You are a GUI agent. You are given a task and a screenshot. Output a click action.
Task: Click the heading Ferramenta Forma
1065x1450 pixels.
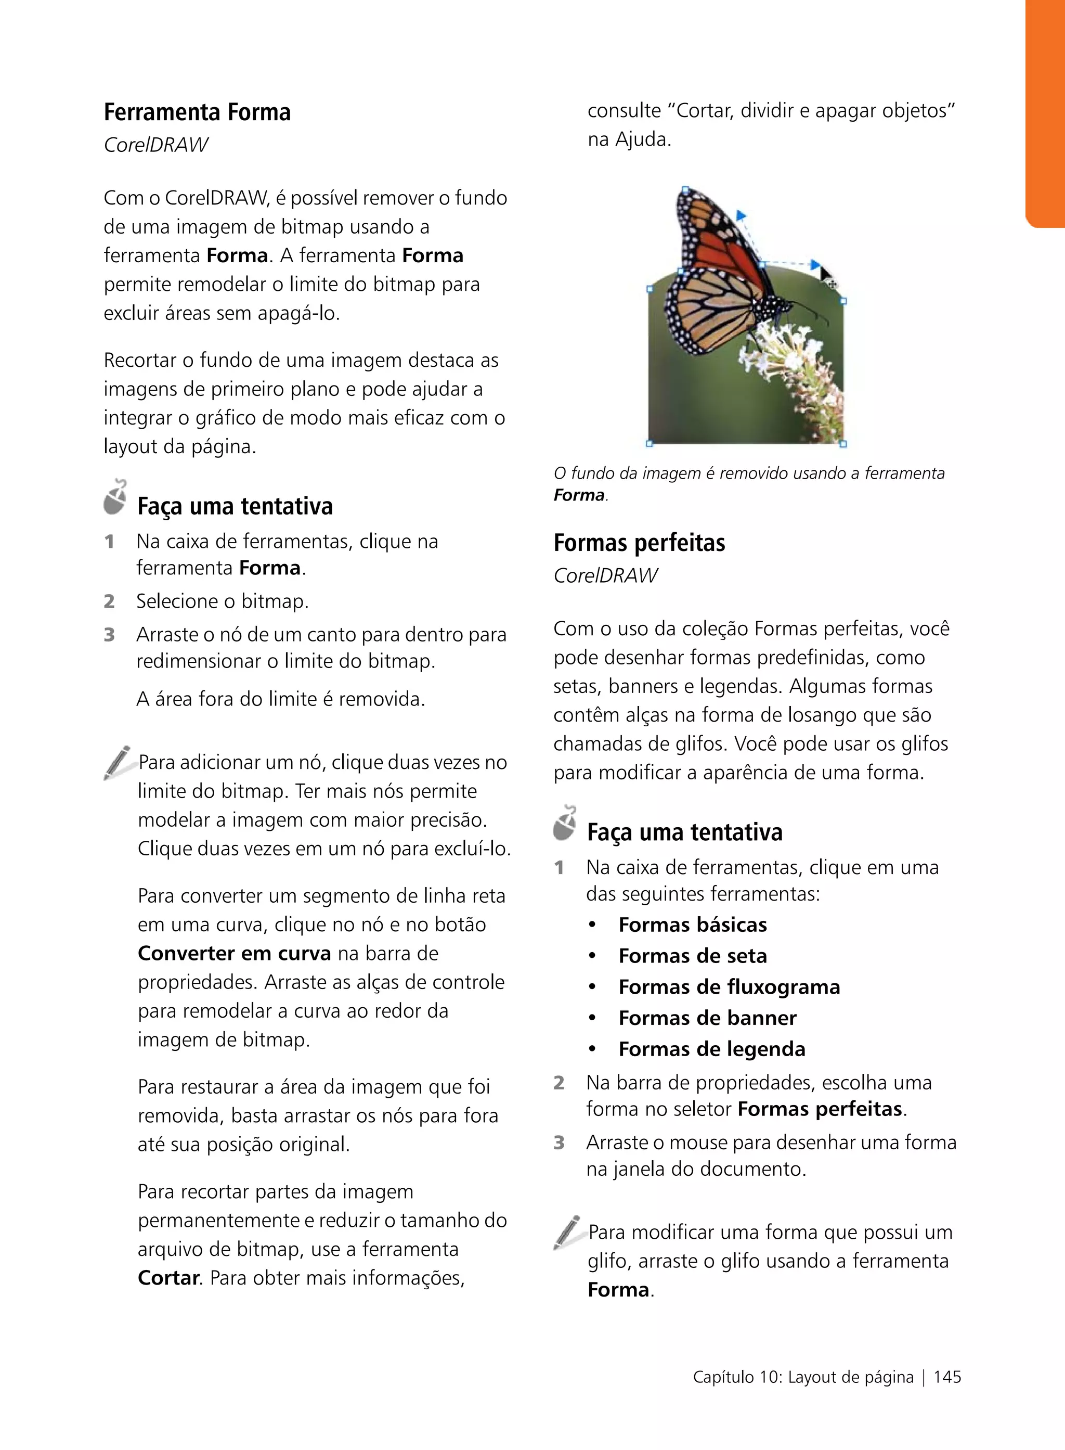point(197,112)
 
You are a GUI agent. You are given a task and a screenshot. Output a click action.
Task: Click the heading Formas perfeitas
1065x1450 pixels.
point(639,543)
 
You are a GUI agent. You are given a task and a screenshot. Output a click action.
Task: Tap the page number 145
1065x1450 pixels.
point(947,1377)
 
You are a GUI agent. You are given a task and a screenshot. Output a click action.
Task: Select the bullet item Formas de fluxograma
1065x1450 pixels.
point(729,986)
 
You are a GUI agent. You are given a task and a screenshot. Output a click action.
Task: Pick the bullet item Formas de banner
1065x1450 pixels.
point(707,1017)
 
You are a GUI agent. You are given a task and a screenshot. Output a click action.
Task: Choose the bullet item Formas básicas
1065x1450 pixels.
point(692,925)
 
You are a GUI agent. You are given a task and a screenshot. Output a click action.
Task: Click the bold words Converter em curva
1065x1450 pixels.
point(234,953)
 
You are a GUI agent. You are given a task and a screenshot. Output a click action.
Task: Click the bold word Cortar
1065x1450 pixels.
point(169,1277)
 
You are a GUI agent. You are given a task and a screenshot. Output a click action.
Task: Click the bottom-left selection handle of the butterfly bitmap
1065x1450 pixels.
point(649,443)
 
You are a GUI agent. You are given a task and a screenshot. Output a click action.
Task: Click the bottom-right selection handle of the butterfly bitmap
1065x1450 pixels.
point(843,444)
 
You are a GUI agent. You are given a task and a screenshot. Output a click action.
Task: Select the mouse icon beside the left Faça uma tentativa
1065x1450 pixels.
point(115,497)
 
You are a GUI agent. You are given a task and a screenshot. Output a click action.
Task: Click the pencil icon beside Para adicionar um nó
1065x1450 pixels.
point(118,762)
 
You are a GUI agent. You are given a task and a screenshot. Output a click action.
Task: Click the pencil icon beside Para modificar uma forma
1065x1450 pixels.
point(567,1233)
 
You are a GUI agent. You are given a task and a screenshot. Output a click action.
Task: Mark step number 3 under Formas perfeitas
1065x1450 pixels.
point(559,1143)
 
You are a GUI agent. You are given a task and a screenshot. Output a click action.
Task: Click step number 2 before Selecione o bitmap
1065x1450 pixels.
point(109,601)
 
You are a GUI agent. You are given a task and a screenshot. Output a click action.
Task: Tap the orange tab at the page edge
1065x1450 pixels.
point(1046,113)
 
